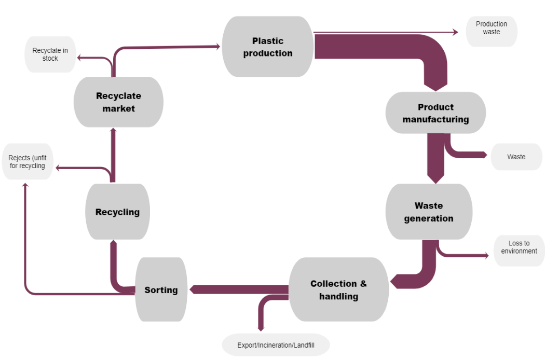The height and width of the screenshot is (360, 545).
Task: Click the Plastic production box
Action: click(x=267, y=47)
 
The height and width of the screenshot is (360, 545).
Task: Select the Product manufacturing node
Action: click(x=435, y=113)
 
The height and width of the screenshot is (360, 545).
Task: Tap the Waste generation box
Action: click(x=429, y=212)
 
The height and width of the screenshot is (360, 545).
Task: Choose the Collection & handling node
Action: click(x=338, y=290)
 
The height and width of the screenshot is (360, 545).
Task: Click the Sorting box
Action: click(x=161, y=290)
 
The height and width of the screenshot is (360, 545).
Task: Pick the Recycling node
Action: click(x=117, y=212)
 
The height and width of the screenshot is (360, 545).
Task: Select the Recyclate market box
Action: click(x=118, y=102)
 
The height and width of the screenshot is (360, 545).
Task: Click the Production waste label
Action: click(x=491, y=28)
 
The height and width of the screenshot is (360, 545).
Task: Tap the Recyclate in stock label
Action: click(x=50, y=54)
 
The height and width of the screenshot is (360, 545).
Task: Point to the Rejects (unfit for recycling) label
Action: click(x=28, y=162)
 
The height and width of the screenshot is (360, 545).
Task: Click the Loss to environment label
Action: click(x=519, y=247)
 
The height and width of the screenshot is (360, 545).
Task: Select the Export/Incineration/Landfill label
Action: click(x=276, y=345)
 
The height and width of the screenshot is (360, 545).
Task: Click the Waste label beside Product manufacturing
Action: click(x=516, y=157)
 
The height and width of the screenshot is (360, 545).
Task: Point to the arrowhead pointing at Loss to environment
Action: click(x=486, y=256)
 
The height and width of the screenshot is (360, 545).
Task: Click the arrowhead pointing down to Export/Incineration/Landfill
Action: click(x=261, y=328)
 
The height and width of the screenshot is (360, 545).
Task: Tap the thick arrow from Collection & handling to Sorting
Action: click(x=239, y=289)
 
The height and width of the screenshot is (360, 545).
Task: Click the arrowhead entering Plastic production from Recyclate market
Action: click(x=219, y=46)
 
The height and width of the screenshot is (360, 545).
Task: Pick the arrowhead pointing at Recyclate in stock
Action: click(x=79, y=58)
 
